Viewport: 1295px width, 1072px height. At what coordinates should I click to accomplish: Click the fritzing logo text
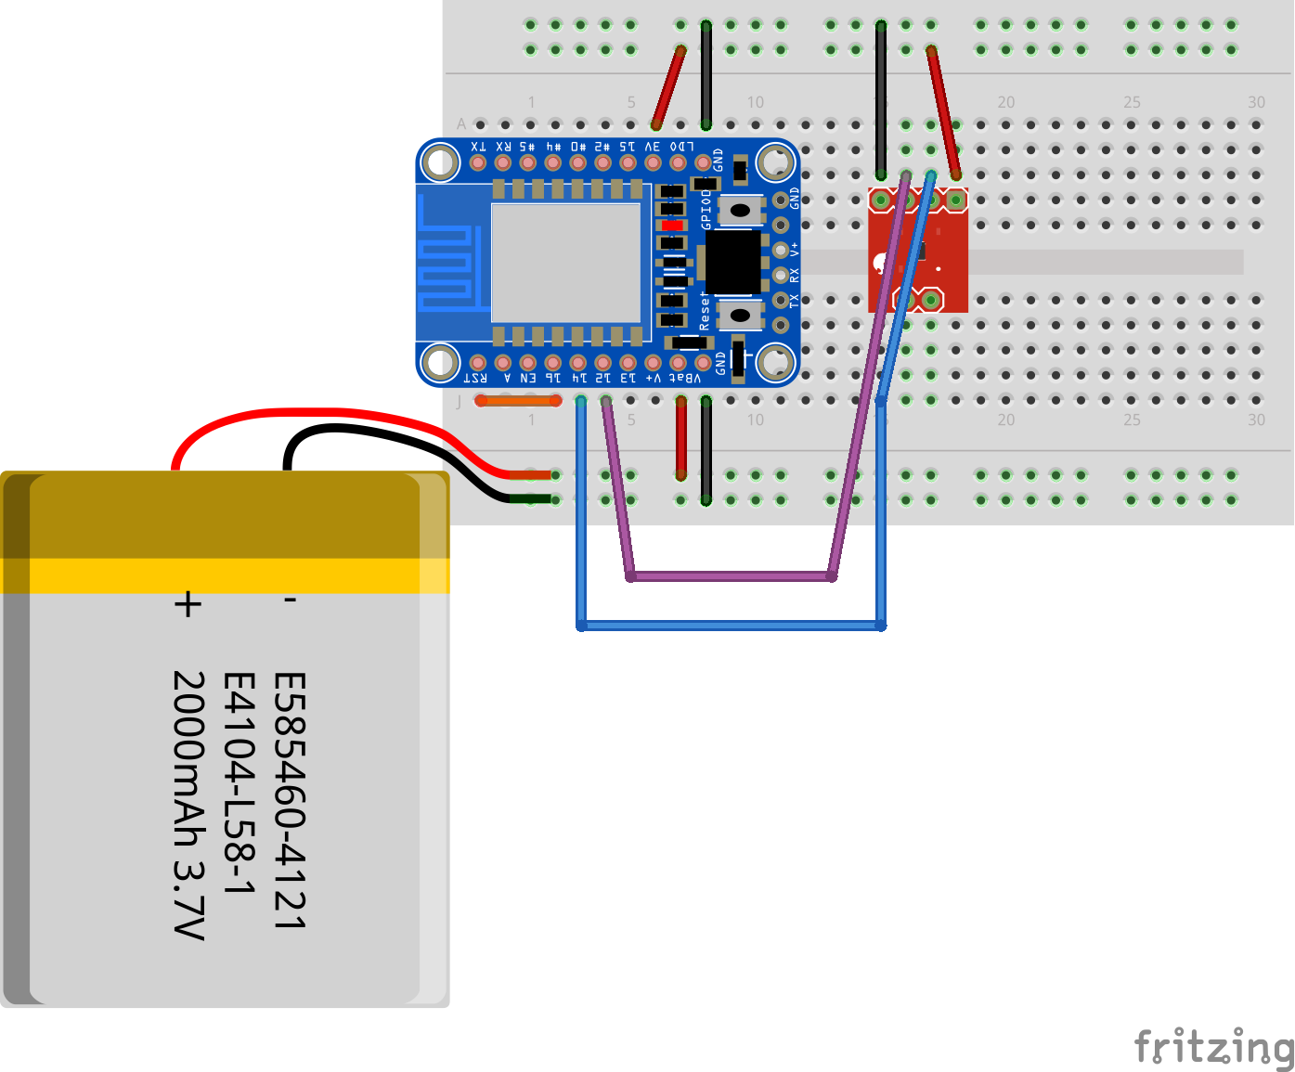tap(1214, 1047)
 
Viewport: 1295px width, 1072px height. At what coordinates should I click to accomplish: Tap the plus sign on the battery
tap(188, 604)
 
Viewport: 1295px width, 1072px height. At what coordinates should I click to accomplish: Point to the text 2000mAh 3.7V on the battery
tap(188, 805)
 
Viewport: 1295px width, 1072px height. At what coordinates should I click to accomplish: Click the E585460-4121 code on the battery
tap(289, 800)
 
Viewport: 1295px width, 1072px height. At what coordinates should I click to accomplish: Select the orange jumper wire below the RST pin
tap(518, 401)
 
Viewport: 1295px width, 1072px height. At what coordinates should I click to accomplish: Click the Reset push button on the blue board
tap(740, 315)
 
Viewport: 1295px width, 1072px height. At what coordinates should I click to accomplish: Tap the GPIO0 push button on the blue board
tap(740, 210)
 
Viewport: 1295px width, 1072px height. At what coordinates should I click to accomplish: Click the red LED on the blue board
tap(672, 226)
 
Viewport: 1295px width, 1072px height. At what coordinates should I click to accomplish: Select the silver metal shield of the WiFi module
tap(565, 263)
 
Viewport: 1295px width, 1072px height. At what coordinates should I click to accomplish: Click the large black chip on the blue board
tap(733, 262)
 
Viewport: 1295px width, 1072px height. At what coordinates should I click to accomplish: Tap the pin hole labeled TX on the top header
tap(478, 163)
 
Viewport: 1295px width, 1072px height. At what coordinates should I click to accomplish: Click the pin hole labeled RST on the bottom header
tap(478, 363)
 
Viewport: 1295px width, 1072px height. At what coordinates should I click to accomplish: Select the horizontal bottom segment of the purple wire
tap(732, 576)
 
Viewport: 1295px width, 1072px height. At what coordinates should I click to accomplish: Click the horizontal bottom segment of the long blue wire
tap(732, 626)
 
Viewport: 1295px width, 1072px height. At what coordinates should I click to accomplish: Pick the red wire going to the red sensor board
tap(943, 111)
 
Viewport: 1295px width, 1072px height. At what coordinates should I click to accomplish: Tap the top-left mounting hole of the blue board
tap(439, 163)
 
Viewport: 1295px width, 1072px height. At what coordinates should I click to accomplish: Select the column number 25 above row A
tap(1132, 102)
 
